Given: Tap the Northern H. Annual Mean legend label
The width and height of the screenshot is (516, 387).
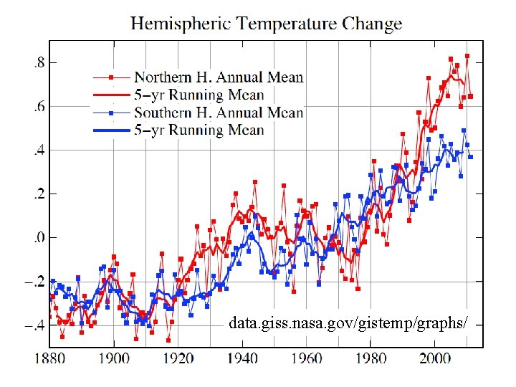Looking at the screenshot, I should click(x=219, y=77).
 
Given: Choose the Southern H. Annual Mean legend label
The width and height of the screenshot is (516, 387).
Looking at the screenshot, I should click(x=219, y=113).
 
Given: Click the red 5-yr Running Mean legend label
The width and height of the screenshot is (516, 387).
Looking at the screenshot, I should click(x=199, y=95).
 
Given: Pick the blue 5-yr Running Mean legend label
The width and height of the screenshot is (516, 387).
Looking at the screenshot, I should click(x=199, y=130).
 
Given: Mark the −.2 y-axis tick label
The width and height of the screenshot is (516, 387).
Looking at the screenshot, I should click(x=34, y=281).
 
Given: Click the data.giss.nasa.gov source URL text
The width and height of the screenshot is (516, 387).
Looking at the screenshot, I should click(x=348, y=324).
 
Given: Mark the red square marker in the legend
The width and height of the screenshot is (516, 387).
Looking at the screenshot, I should click(x=110, y=77).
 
